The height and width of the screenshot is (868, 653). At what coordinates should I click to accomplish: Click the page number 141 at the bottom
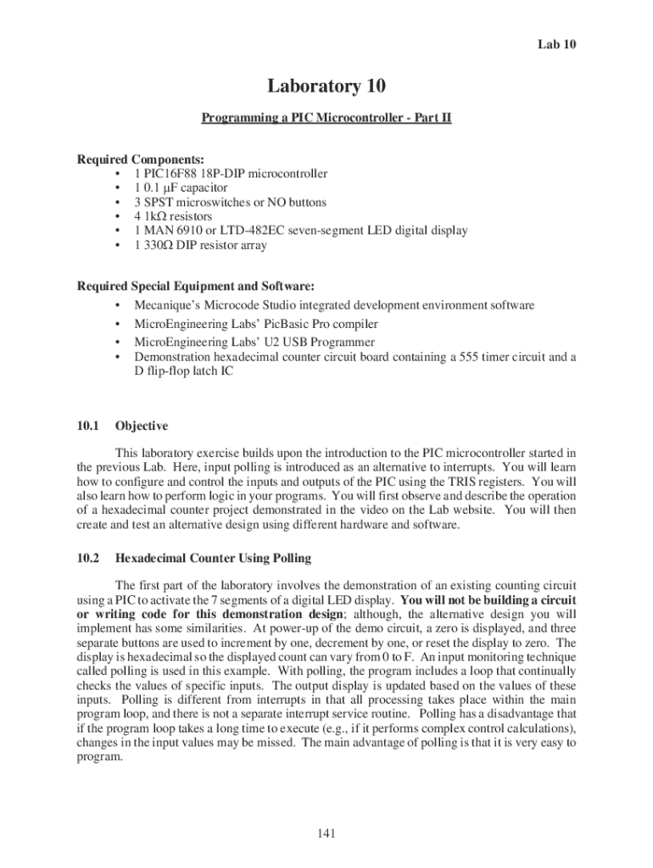point(326,834)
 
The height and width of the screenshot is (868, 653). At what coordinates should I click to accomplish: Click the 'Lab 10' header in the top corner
point(557,44)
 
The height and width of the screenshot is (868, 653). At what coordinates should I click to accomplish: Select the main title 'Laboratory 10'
point(326,86)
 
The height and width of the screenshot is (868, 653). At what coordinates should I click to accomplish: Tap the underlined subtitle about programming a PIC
point(326,118)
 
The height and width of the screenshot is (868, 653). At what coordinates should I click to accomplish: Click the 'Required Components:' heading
point(129,159)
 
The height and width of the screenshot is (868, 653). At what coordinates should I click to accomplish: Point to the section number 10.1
point(88,426)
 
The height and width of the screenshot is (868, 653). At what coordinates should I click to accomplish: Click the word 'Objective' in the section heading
point(142,426)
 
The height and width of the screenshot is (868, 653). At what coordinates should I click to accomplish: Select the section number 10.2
point(88,559)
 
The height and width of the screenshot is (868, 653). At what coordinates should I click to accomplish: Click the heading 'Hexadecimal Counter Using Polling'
point(213,559)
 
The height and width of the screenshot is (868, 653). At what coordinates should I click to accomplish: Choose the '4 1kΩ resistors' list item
point(173,217)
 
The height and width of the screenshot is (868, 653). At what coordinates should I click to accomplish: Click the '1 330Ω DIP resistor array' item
point(200,245)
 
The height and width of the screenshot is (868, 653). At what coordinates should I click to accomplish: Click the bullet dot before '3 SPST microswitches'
point(115,203)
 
